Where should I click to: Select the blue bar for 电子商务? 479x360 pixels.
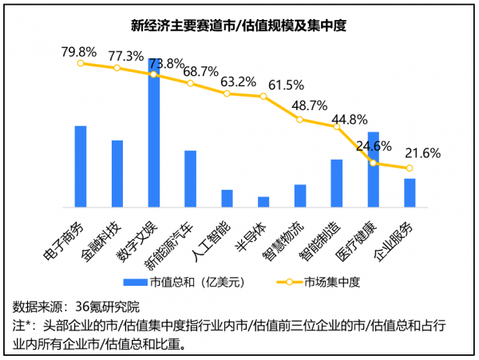click(x=81, y=166)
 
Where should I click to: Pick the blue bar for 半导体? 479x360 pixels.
click(x=263, y=201)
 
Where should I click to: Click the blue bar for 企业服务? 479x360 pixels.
click(x=410, y=192)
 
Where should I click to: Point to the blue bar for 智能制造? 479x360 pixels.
click(x=336, y=183)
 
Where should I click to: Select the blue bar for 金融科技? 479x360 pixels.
click(x=117, y=173)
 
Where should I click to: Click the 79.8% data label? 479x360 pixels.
click(x=80, y=53)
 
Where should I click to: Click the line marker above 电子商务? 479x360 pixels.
click(x=81, y=63)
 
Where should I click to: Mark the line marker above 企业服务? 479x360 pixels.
click(x=410, y=168)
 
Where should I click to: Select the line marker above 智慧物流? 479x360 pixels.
click(x=300, y=120)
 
